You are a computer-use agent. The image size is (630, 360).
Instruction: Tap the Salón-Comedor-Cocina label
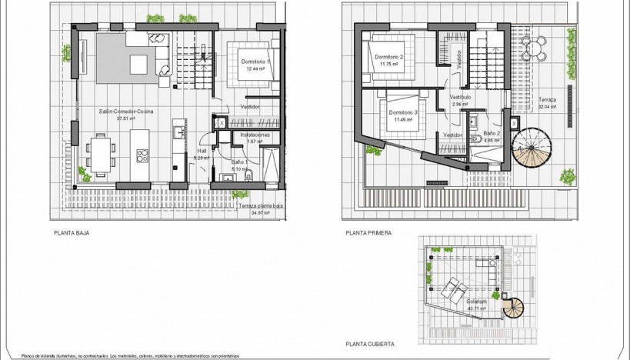point(125,112)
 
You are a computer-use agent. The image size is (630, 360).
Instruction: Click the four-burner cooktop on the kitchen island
point(143,155)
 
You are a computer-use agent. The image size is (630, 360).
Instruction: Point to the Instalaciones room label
point(255,135)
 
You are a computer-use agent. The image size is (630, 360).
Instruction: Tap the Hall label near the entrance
point(202,152)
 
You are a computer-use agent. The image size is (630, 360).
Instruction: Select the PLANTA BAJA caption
point(68,231)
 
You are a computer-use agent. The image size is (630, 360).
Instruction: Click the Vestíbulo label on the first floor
point(460,98)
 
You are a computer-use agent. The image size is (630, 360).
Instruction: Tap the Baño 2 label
point(492,133)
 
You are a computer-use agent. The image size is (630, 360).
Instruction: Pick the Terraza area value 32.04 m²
point(547,107)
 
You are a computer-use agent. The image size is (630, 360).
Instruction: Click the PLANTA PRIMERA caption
point(369,231)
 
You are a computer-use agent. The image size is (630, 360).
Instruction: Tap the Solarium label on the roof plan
point(475,301)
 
